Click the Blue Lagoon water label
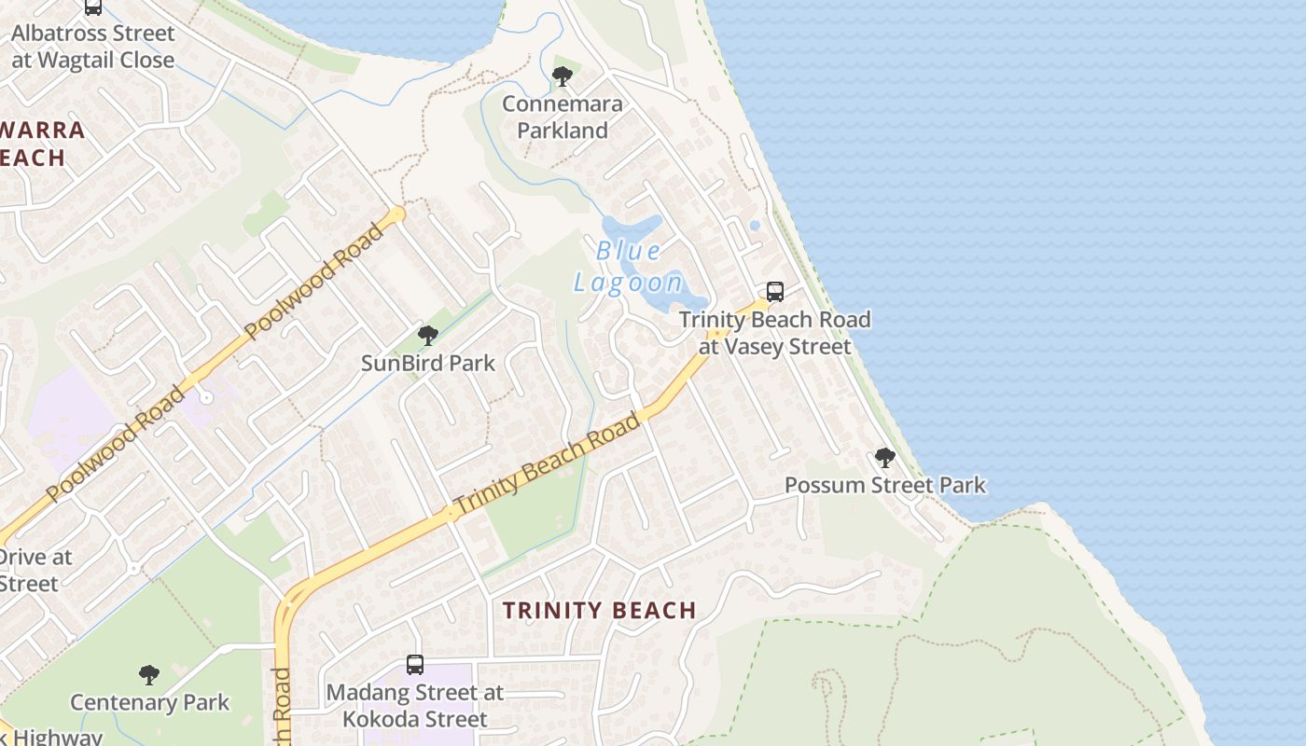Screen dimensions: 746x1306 click(629, 267)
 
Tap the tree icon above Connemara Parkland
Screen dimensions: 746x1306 click(562, 76)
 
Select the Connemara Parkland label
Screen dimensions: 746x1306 click(562, 117)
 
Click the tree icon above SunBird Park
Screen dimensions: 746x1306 click(428, 335)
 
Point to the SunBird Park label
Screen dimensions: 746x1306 click(428, 363)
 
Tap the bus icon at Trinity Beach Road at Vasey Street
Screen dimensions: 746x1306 click(775, 292)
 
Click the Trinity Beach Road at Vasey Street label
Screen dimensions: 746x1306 click(775, 333)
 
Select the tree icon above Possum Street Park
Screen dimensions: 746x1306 click(884, 458)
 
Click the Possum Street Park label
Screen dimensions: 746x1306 click(884, 485)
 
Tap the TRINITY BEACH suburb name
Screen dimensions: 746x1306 click(600, 611)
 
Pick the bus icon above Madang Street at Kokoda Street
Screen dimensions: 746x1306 click(415, 665)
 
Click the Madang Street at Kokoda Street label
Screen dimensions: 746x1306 click(415, 706)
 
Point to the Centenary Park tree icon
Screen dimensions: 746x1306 click(149, 674)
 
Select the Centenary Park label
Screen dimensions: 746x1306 click(149, 702)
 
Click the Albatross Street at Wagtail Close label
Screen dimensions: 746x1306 click(92, 47)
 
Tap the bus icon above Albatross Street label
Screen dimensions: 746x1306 click(92, 7)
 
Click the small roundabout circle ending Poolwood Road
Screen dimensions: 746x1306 click(399, 214)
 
